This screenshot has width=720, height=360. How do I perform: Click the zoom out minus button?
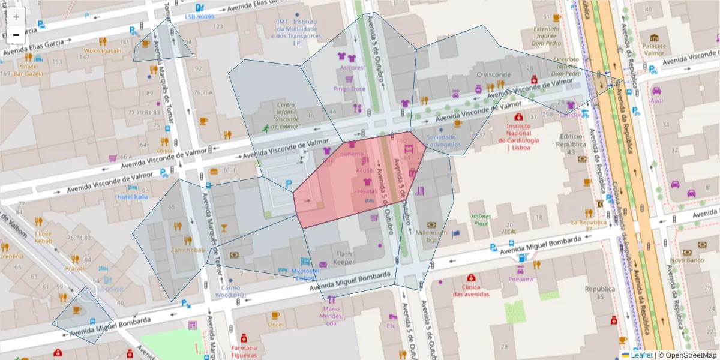click(16, 35)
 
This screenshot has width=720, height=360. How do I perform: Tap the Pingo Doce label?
click(349, 89)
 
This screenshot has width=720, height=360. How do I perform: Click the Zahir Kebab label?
click(188, 250)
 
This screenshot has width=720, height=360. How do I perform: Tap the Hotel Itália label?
click(133, 197)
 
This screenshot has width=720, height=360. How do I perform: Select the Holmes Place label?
click(481, 220)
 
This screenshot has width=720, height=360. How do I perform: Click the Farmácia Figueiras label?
click(244, 352)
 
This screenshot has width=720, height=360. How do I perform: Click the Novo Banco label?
click(686, 260)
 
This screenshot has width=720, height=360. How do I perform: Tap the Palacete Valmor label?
click(654, 49)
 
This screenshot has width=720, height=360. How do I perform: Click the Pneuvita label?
click(521, 279)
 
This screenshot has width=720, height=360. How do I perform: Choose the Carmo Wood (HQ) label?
click(230, 292)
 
